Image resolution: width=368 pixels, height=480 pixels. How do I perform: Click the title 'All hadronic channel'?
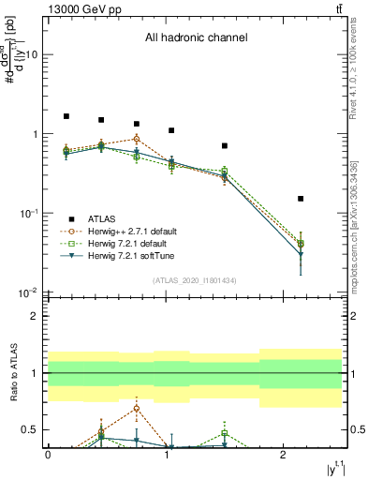[196, 38]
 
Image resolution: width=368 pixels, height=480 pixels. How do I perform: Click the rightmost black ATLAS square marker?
[301, 199]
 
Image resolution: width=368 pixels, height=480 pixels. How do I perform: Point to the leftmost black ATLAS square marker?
[66, 116]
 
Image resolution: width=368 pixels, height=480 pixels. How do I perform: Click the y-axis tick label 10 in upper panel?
[31, 54]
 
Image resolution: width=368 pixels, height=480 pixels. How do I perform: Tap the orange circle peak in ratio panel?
[137, 408]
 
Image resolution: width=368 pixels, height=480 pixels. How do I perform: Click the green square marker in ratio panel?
[225, 433]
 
